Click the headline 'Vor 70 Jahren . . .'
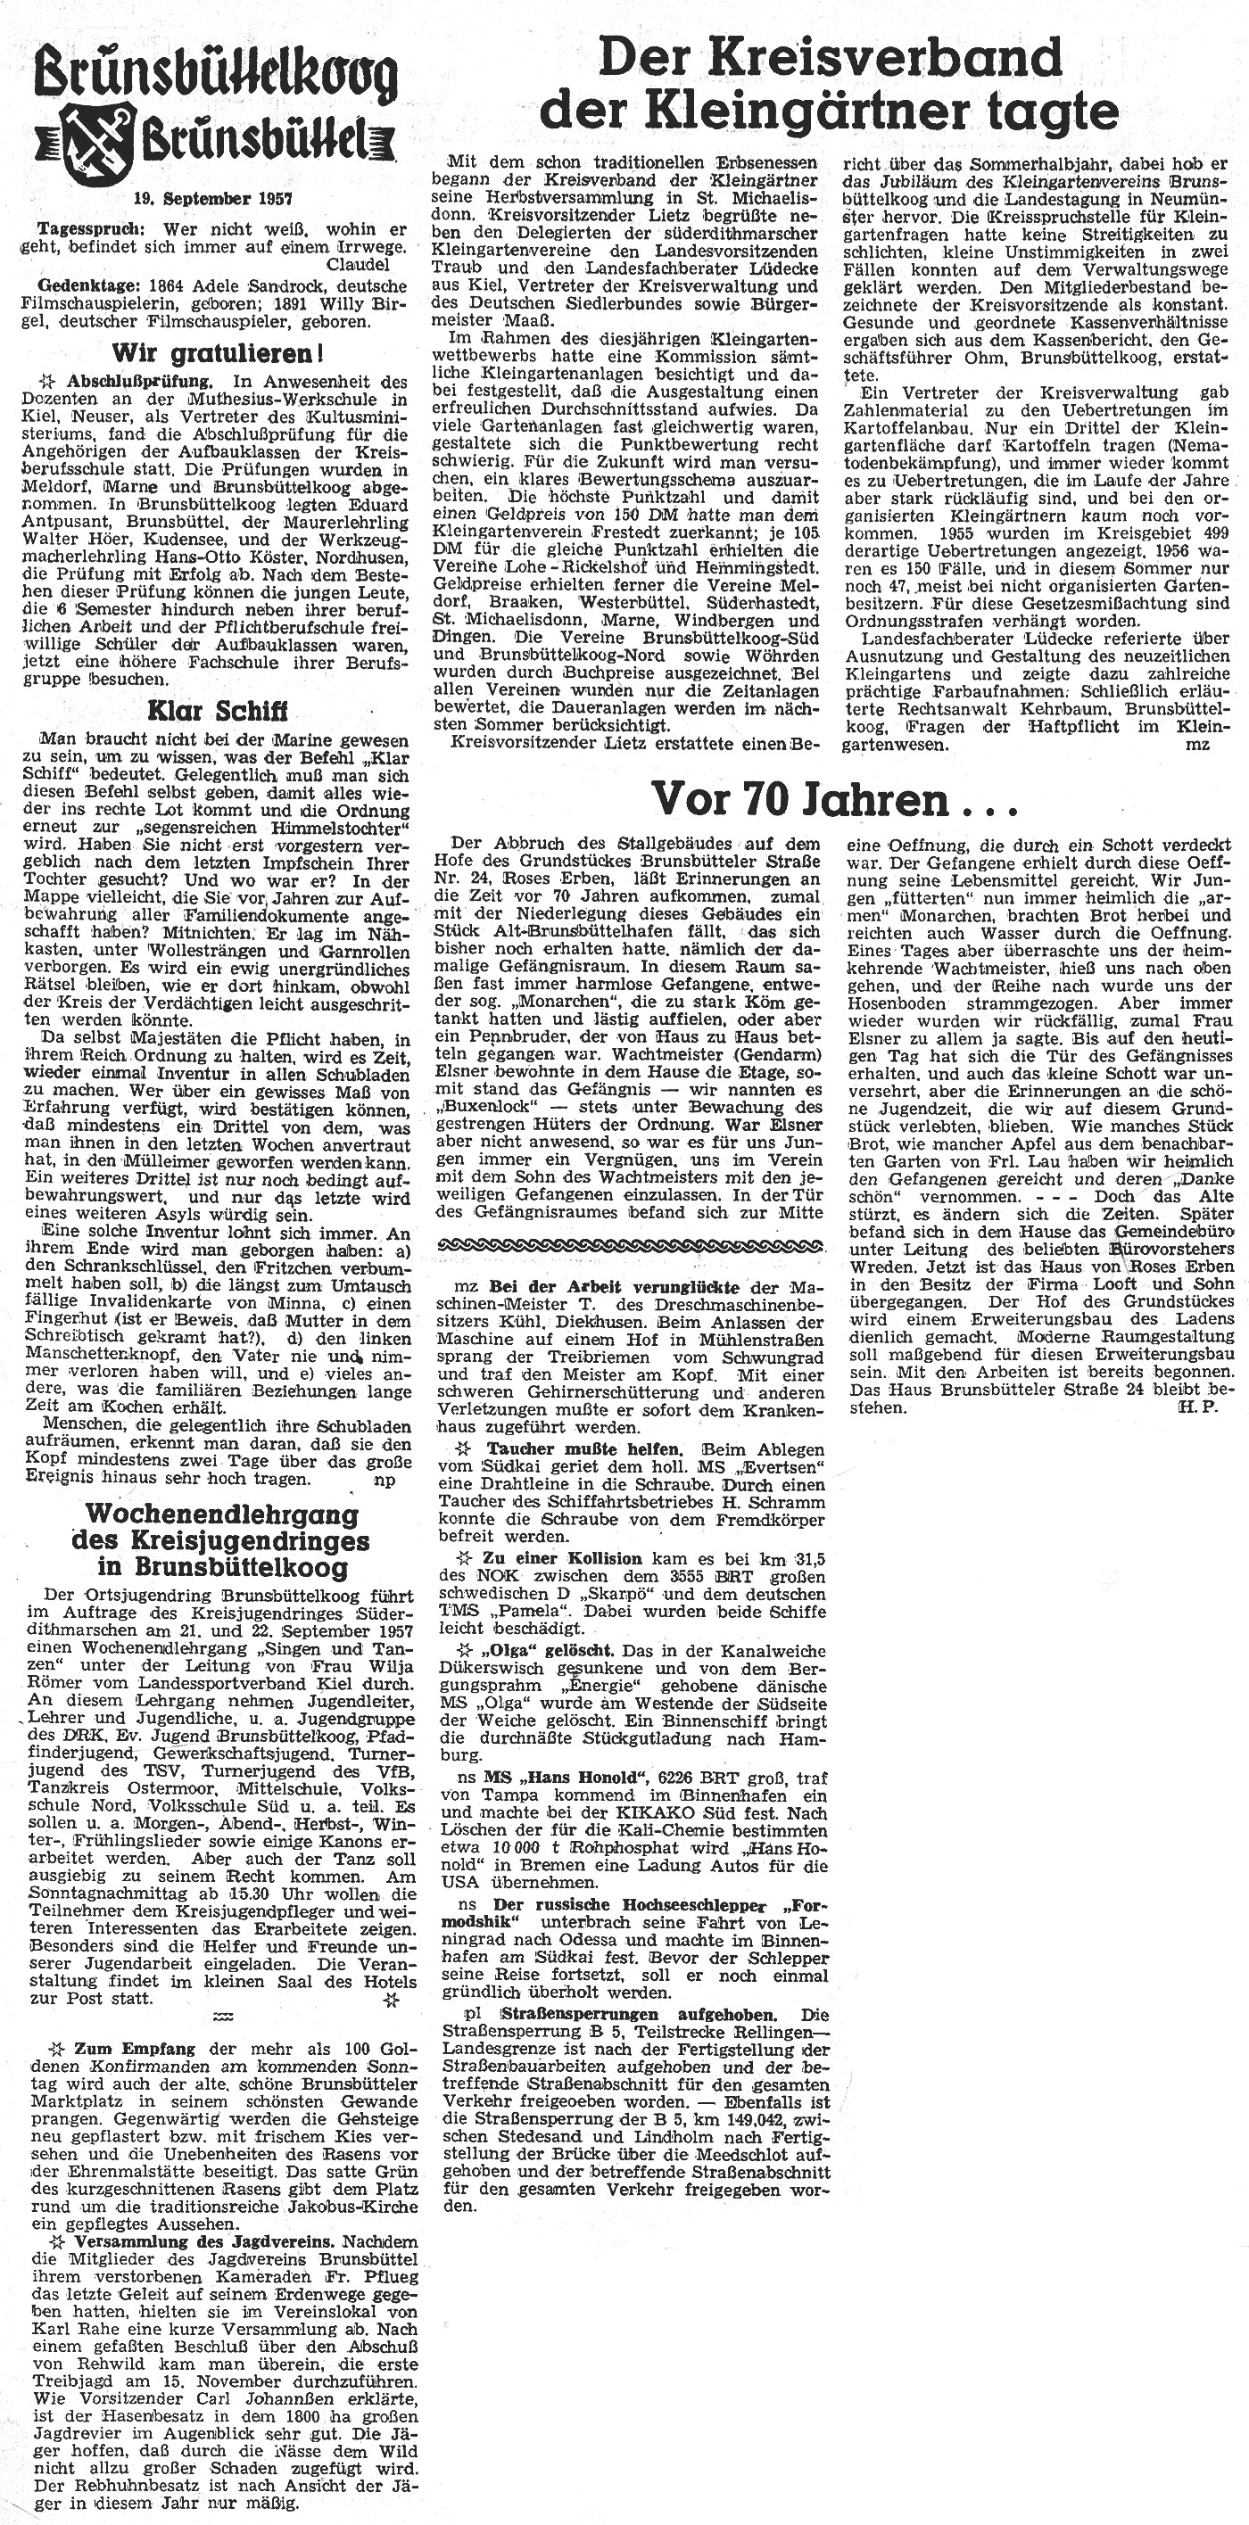click(x=835, y=801)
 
